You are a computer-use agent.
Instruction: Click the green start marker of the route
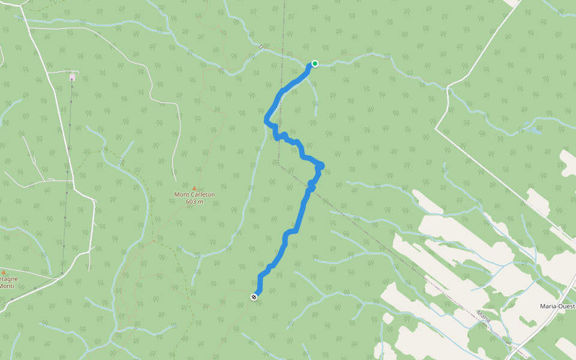tap(314, 64)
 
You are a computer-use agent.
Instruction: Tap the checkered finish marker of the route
tap(254, 296)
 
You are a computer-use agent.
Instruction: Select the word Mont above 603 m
tap(181, 194)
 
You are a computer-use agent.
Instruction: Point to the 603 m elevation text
tap(194, 202)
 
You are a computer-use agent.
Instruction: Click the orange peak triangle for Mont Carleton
tap(194, 188)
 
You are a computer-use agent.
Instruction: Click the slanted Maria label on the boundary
tap(484, 316)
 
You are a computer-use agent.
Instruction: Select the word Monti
tap(7, 286)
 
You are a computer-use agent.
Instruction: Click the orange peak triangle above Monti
tap(4, 272)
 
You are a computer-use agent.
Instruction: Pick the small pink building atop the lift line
tap(72, 77)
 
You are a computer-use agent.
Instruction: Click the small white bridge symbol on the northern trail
tap(261, 46)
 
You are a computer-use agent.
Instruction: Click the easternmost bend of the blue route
tap(322, 165)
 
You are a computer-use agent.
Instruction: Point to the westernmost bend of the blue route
tap(266, 121)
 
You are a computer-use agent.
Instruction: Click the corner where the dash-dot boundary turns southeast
tap(279, 163)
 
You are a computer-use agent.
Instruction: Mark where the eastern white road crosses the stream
tap(448, 88)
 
